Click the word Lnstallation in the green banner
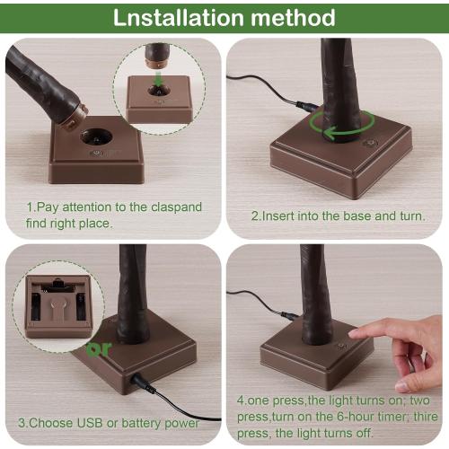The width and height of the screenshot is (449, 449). (x=179, y=18)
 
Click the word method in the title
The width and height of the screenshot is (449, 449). (x=293, y=18)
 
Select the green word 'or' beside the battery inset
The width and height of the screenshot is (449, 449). (x=99, y=349)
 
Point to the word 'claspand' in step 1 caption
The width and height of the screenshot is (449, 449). (x=176, y=207)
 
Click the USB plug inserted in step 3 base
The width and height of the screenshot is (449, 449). (x=142, y=383)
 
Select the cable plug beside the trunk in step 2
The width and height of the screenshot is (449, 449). (x=307, y=106)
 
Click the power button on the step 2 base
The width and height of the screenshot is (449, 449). (x=370, y=144)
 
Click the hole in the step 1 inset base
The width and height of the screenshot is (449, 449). (x=159, y=90)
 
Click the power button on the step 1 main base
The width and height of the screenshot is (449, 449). (x=96, y=154)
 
